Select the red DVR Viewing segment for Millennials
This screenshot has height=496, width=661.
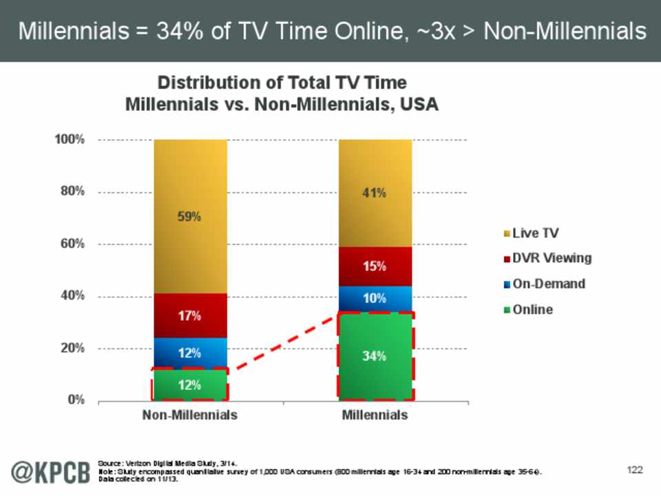(x=375, y=267)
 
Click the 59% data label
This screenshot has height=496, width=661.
(x=190, y=216)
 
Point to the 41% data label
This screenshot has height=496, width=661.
(x=375, y=194)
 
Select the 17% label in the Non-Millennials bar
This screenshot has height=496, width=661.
(x=190, y=316)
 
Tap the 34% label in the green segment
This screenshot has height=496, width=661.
(x=375, y=356)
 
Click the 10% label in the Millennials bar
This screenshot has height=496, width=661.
(x=375, y=299)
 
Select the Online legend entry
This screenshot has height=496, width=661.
(x=532, y=309)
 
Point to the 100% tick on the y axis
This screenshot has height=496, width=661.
(x=70, y=140)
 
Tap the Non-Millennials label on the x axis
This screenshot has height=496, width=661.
(x=190, y=415)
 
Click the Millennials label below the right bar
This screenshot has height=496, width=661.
(x=375, y=415)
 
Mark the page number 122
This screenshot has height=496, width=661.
(x=634, y=470)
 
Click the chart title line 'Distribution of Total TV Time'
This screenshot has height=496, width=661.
(x=282, y=83)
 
